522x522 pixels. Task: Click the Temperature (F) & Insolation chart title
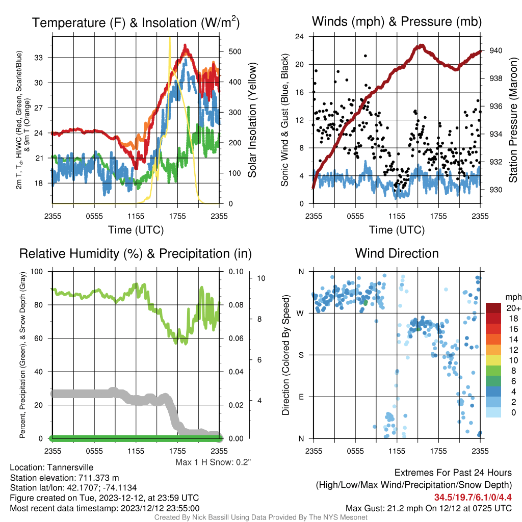click(136, 22)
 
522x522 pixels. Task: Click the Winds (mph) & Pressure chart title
click(397, 21)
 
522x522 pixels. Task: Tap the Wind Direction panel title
click(397, 253)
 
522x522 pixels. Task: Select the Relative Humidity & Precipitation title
click(136, 254)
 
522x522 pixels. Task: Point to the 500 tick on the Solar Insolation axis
click(235, 51)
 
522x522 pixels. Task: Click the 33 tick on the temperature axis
click(39, 58)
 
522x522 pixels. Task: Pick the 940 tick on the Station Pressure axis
click(495, 50)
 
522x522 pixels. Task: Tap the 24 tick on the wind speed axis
click(299, 36)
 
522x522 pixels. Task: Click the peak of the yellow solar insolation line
click(170, 38)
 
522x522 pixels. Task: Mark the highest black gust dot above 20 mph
click(365, 56)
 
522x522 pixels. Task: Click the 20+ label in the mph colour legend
click(513, 308)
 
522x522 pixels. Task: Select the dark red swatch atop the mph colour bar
click(493, 308)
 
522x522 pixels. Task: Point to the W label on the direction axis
click(300, 314)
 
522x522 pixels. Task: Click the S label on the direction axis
click(301, 355)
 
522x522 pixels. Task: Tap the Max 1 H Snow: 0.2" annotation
click(213, 462)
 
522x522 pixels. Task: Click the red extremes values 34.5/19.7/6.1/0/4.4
click(473, 498)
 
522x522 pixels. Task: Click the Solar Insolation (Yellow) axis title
click(252, 120)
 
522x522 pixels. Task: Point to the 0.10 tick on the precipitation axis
click(236, 272)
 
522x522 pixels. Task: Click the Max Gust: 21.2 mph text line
click(428, 508)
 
